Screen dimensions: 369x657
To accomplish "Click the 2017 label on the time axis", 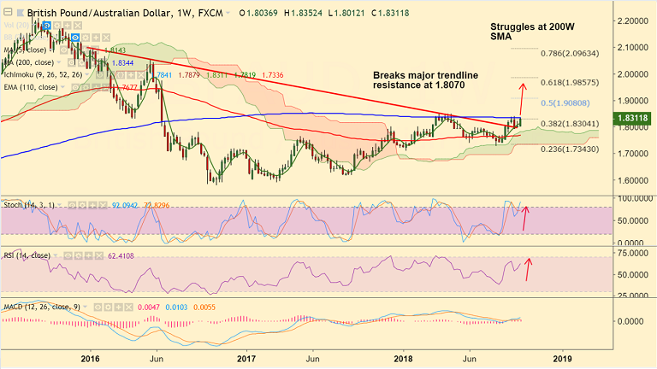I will (246, 360).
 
